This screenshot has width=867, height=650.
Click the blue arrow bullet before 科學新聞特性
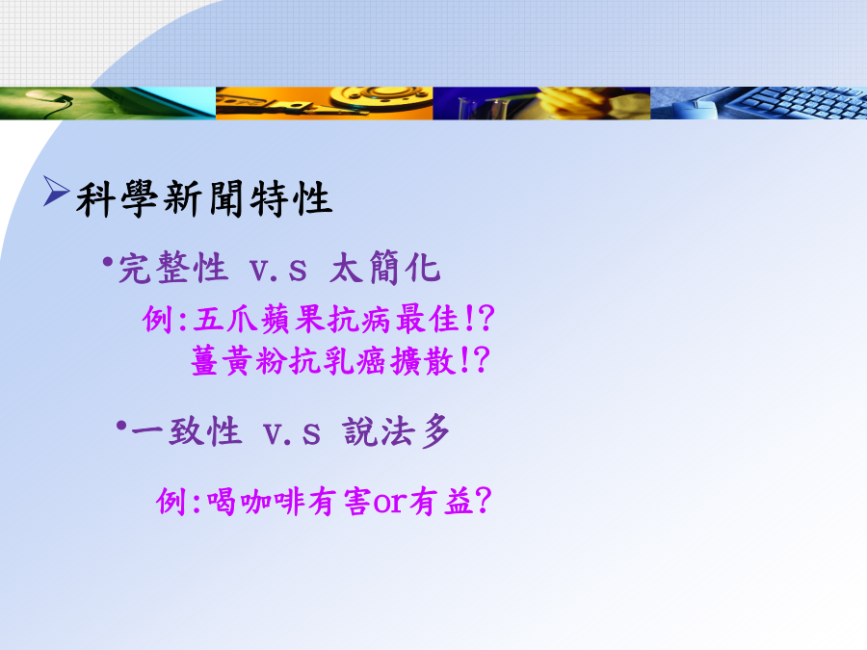coord(56,192)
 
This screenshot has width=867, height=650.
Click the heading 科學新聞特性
coord(204,198)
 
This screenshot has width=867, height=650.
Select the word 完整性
coord(173,268)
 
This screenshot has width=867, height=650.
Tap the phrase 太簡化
coord(384,268)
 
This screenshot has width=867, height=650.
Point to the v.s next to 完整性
coord(278,271)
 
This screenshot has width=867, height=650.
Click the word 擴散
coord(423,361)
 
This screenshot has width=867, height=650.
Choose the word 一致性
coord(186,430)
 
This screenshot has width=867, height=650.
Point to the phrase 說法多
coord(396,430)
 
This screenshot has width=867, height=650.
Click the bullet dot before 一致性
coord(121,426)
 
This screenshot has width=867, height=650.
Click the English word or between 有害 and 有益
coord(390,503)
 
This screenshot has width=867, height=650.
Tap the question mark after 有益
coord(483,500)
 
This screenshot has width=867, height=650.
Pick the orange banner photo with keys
coord(324,103)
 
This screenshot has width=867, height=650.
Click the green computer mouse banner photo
coord(108,103)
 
